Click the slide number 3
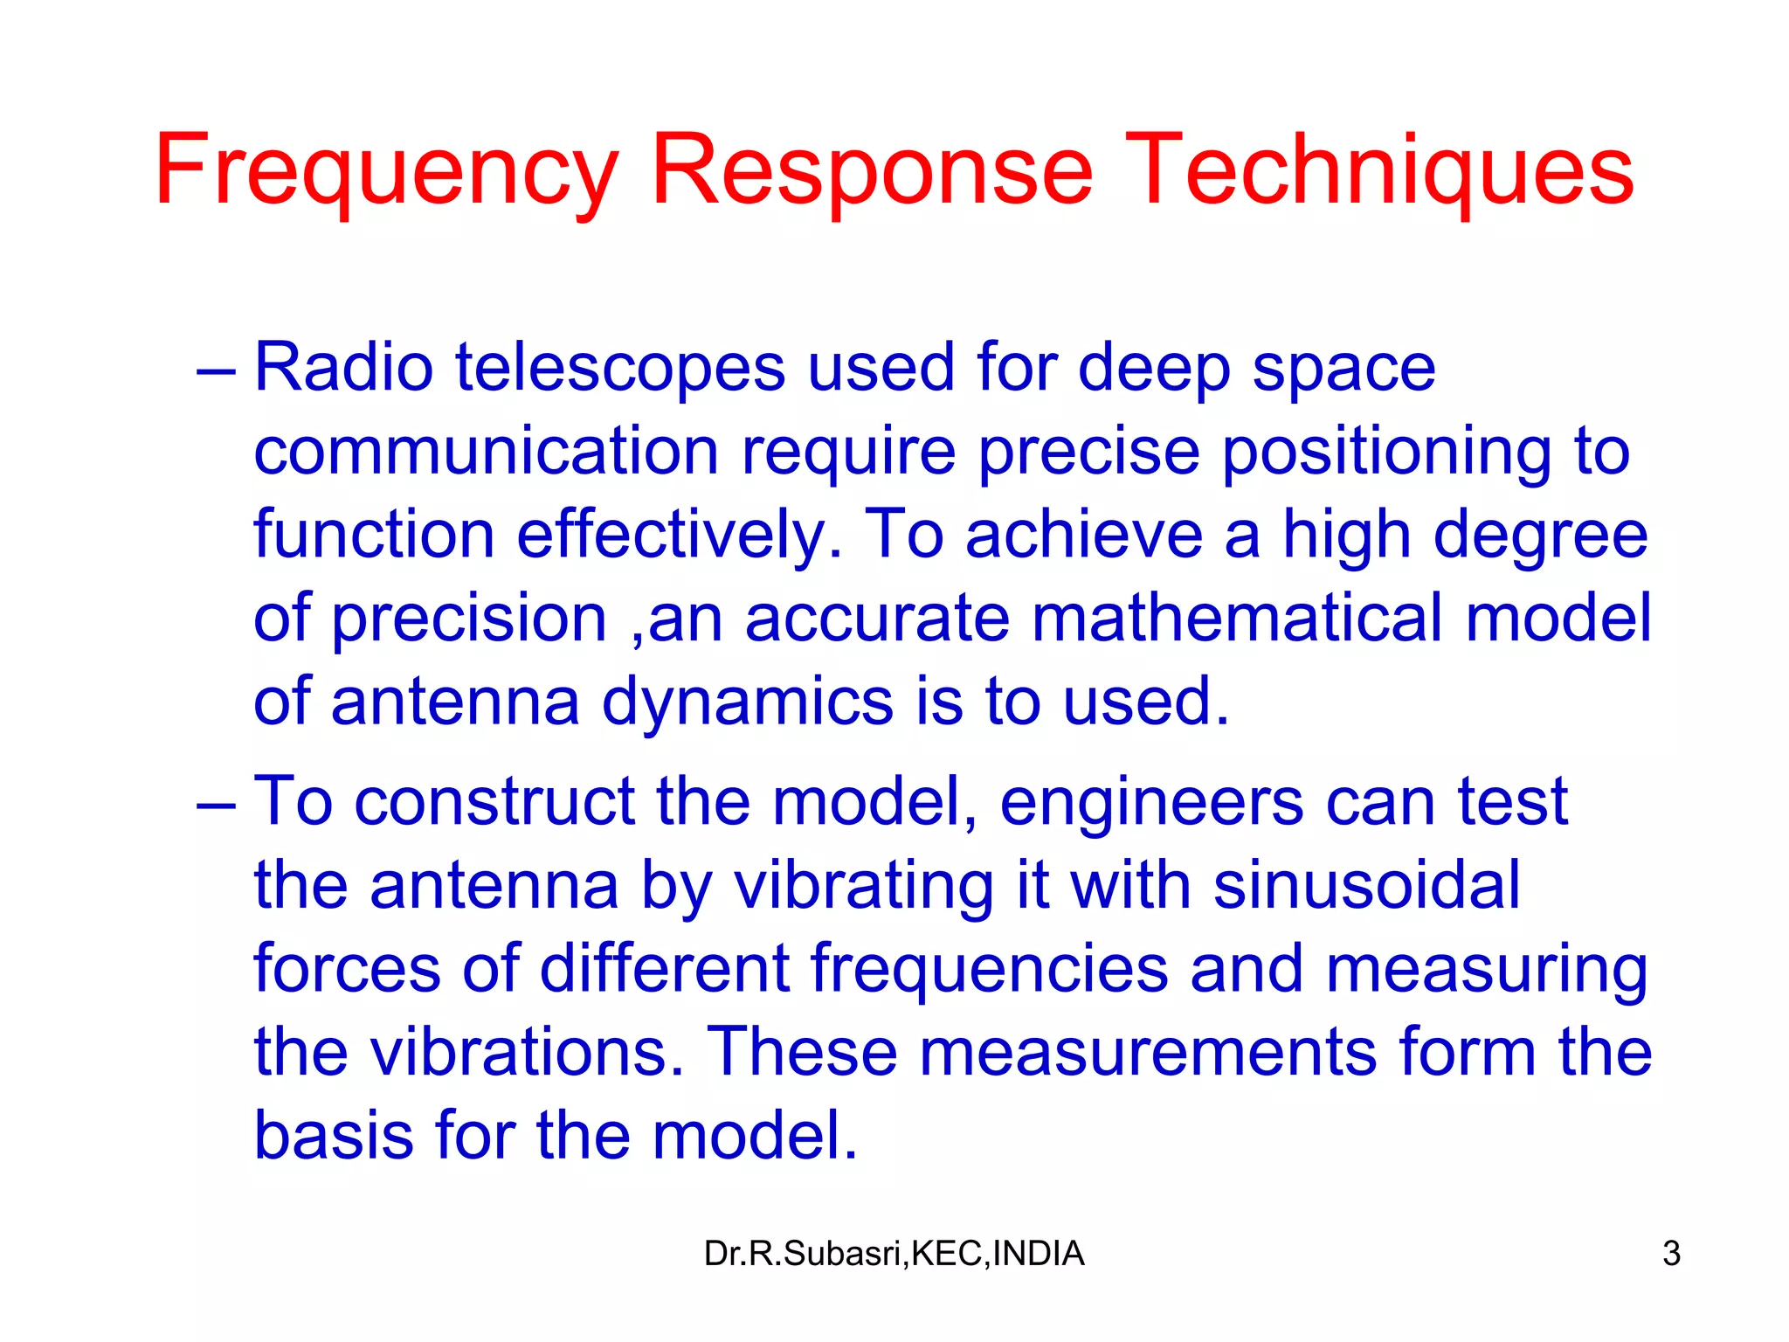[1671, 1254]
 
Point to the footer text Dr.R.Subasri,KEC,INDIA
[894, 1254]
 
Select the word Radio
[343, 368]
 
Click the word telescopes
[620, 368]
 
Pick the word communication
[486, 452]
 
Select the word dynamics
[748, 702]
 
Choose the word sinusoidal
[1367, 885]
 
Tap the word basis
[334, 1136]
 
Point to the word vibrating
[863, 885]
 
